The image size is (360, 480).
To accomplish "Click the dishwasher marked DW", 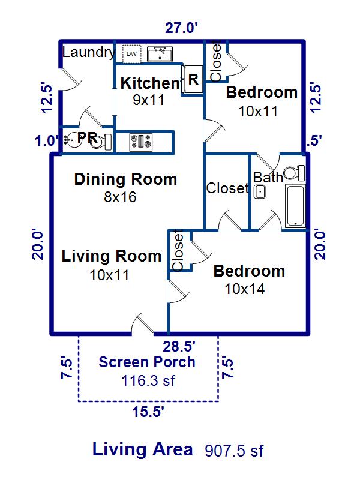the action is pyautogui.click(x=131, y=54).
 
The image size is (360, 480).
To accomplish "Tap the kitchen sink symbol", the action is pyautogui.click(x=160, y=54).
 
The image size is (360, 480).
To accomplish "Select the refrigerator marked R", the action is pyautogui.click(x=193, y=79).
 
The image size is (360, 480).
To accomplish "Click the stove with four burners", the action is pyautogui.click(x=141, y=142).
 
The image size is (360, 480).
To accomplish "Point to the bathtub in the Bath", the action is pyautogui.click(x=295, y=205).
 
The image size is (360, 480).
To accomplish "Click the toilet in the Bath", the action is pyautogui.click(x=294, y=173).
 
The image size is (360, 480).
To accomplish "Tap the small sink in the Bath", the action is pyautogui.click(x=260, y=192).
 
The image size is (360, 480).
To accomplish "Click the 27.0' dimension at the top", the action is pyautogui.click(x=181, y=28).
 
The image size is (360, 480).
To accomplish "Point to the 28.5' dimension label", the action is pyautogui.click(x=179, y=347).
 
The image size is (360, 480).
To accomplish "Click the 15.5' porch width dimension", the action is pyautogui.click(x=148, y=412).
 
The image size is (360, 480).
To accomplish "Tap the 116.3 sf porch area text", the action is pyautogui.click(x=148, y=381).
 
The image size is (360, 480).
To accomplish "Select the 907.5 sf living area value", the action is pyautogui.click(x=234, y=451).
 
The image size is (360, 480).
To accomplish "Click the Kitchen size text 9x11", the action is pyautogui.click(x=149, y=100).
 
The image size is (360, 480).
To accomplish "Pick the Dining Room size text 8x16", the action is pyautogui.click(x=121, y=197).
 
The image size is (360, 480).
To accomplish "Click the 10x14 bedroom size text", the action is pyautogui.click(x=245, y=289).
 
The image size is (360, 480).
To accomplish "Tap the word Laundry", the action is pyautogui.click(x=89, y=53).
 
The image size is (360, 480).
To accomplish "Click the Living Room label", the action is pyautogui.click(x=112, y=256).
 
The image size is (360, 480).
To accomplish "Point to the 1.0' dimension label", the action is pyautogui.click(x=47, y=141).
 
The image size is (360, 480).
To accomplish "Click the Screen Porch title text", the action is pyautogui.click(x=147, y=362).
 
